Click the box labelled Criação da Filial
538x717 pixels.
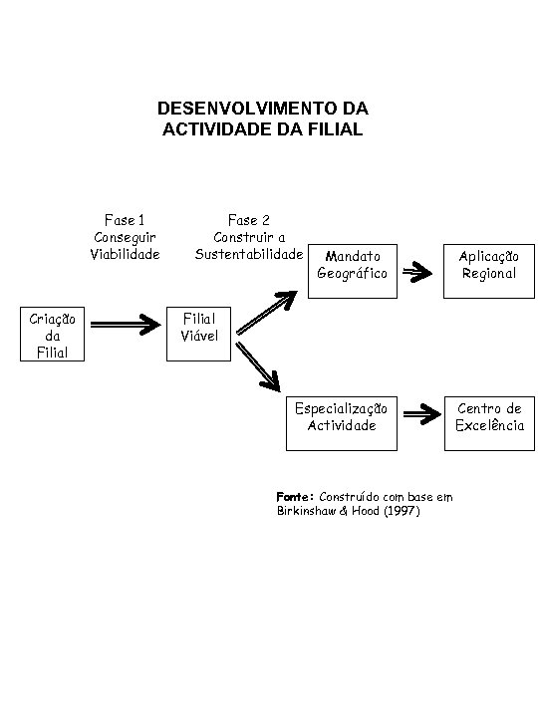(x=53, y=335)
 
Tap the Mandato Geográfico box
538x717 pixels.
(x=352, y=265)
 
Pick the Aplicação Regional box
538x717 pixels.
(x=488, y=265)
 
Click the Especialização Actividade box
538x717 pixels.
(x=342, y=417)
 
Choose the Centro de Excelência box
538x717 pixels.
(x=488, y=417)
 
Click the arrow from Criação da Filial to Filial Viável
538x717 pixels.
(x=125, y=323)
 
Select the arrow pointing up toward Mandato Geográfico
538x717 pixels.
(x=265, y=312)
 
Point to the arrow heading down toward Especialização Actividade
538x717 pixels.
(x=262, y=366)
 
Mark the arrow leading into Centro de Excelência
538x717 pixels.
(x=415, y=415)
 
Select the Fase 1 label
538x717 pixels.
(x=126, y=220)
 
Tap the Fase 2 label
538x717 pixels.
(x=249, y=220)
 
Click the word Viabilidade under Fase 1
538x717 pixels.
(x=126, y=254)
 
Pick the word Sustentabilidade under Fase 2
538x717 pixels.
(x=248, y=254)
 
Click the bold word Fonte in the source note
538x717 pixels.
(x=294, y=496)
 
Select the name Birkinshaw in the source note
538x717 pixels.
(x=308, y=511)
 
